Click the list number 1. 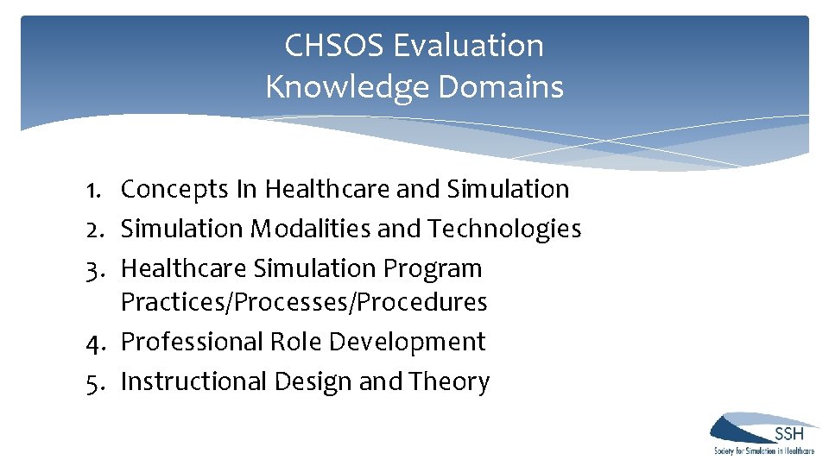(96, 189)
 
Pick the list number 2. (96, 229)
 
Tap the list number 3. (96, 268)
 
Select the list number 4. (96, 342)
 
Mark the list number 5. (96, 381)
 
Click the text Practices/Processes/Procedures (304, 303)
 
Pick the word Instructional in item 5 (194, 381)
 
